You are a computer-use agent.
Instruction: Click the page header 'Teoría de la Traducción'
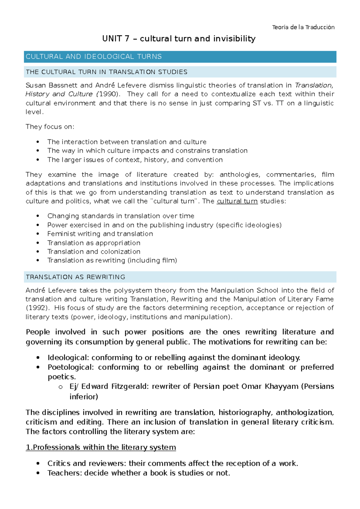(x=303, y=27)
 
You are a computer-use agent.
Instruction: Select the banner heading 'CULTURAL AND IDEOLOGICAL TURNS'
(x=94, y=57)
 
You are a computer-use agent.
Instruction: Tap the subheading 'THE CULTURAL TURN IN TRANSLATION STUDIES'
(x=106, y=72)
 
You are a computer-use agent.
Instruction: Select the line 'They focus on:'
(x=50, y=127)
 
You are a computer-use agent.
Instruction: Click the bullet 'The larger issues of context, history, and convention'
(x=135, y=160)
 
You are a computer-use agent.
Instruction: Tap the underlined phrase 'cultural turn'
(x=237, y=201)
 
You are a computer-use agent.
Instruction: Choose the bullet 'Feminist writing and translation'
(x=100, y=234)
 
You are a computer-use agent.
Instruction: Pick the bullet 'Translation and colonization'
(x=94, y=252)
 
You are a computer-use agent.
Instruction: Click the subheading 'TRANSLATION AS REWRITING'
(x=75, y=277)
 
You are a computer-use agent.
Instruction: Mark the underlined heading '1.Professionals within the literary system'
(x=101, y=447)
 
